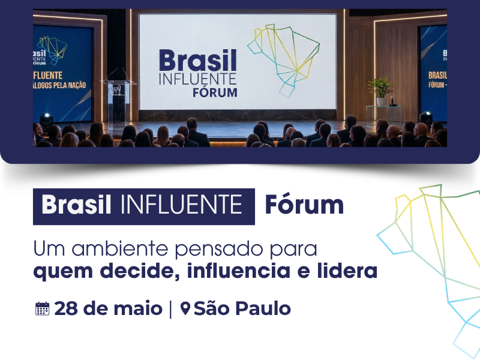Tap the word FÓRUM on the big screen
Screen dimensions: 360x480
pos(215,92)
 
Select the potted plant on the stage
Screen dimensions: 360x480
pos(380,90)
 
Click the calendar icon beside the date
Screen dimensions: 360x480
pos(42,309)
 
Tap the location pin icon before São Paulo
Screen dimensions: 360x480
pos(185,309)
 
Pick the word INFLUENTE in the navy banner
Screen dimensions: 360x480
pos(181,206)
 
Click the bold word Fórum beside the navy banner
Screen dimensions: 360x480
pos(304,206)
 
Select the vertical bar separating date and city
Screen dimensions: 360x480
pos(170,309)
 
